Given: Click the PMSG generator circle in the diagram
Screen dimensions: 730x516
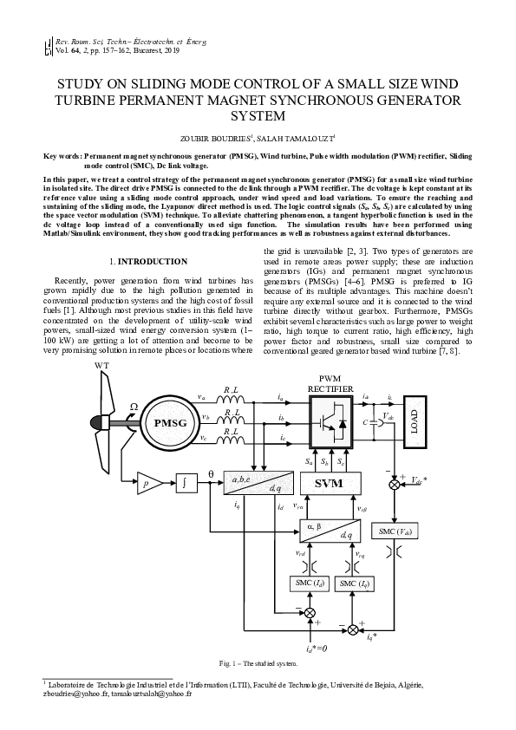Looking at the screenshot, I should pyautogui.click(x=170, y=423).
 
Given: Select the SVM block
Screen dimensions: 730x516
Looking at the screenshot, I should pyautogui.click(x=330, y=483).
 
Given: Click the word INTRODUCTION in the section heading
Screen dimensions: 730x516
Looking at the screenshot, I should pyautogui.click(x=153, y=261).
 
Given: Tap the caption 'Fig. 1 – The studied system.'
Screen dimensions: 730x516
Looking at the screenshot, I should pyautogui.click(x=258, y=664).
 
